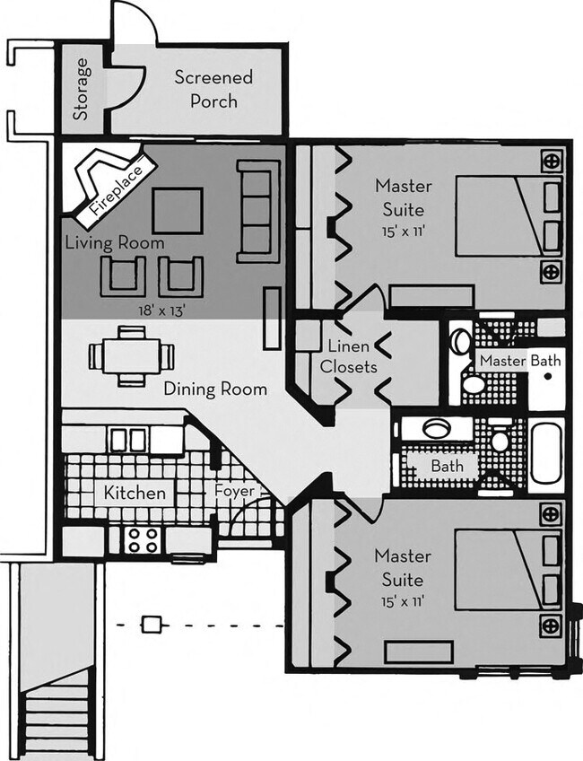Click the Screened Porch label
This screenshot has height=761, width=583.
click(x=213, y=89)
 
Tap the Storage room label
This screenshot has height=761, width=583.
click(x=82, y=90)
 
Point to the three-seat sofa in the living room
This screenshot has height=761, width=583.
click(x=257, y=211)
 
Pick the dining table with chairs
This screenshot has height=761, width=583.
click(x=131, y=356)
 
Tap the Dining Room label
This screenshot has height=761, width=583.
click(x=215, y=389)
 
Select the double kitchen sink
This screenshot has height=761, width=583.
click(x=128, y=440)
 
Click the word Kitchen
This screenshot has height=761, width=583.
click(x=135, y=493)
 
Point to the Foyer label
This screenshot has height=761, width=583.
click(x=235, y=492)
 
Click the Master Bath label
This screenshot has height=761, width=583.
click(x=520, y=361)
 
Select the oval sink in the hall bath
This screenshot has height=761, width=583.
click(x=437, y=428)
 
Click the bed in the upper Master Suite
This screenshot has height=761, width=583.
click(x=508, y=216)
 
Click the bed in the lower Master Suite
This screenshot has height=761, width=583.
click(x=508, y=569)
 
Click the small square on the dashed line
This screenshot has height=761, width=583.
click(x=153, y=623)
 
